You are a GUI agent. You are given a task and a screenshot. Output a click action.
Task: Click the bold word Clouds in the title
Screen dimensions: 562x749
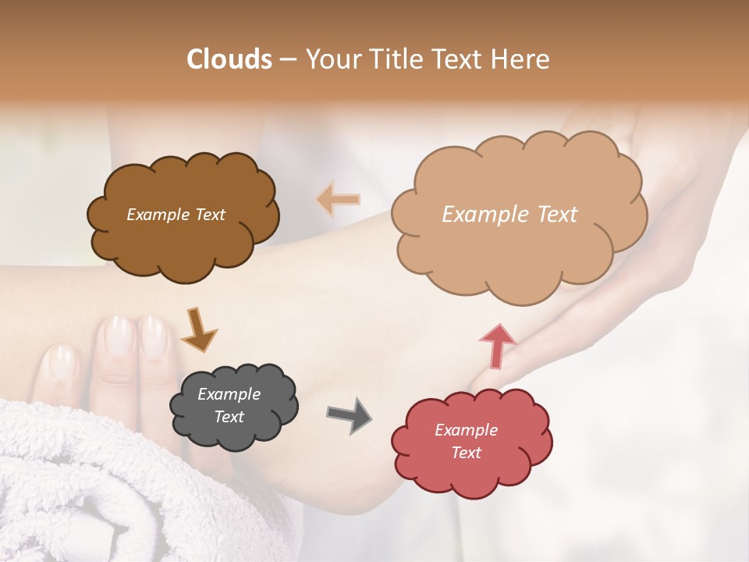coord(229,59)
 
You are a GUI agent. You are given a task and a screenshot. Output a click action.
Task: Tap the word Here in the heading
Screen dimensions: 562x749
coord(522,59)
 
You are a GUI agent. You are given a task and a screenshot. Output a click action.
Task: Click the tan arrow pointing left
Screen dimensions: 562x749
coord(338,199)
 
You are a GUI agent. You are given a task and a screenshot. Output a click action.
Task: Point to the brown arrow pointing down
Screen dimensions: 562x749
coord(198,329)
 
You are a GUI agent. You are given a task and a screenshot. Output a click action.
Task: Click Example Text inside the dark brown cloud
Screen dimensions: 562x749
coord(176,215)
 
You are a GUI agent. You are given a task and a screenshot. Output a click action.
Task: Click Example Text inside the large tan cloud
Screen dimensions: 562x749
coord(509,215)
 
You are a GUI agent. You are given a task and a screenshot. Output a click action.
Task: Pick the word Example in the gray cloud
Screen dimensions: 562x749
coord(229,394)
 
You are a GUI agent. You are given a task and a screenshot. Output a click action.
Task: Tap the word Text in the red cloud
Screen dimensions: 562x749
coord(466,453)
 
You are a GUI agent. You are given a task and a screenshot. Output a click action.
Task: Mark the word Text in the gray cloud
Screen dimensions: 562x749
coord(229,417)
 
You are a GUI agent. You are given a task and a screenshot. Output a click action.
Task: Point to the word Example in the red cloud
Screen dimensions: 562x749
coord(466,430)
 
